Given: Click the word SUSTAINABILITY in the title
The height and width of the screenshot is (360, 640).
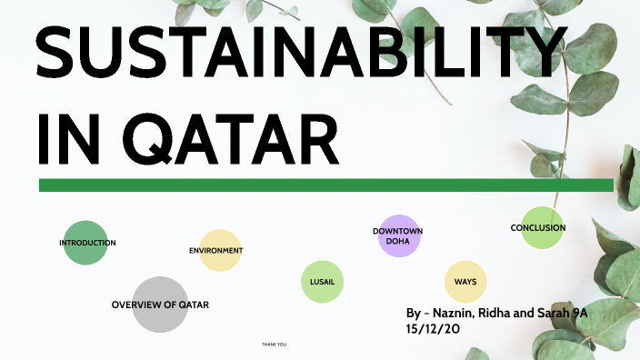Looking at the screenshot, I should click(x=300, y=52).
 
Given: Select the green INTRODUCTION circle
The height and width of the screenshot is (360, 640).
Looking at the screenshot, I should click(x=85, y=243).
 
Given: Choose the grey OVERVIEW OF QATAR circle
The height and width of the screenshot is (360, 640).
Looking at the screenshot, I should click(x=160, y=304).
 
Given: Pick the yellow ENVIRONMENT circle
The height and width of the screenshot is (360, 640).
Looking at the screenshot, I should click(x=219, y=250).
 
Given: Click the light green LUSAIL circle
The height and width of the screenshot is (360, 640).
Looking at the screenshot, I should click(x=323, y=282).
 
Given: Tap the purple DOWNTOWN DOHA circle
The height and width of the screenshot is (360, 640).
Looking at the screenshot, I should click(x=397, y=236).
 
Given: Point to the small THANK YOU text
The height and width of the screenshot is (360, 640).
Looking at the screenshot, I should click(x=274, y=345).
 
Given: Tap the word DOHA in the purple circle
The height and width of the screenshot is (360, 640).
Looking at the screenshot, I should click(x=397, y=242).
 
